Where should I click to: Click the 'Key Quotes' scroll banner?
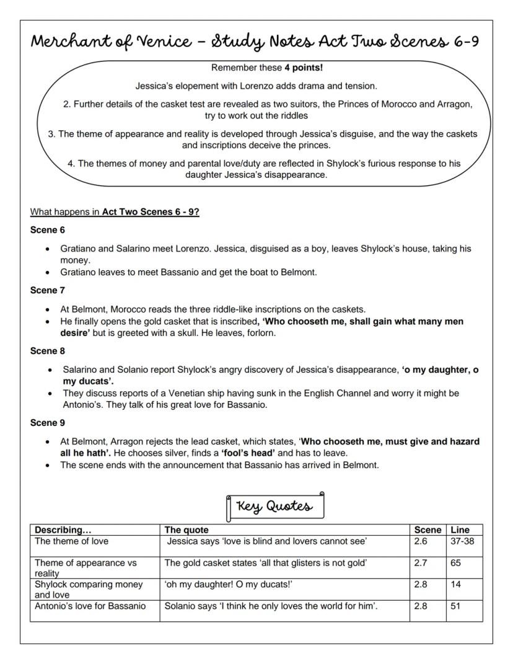pos(275,506)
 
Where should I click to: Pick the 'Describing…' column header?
pos(63,530)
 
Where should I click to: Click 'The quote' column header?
pos(186,530)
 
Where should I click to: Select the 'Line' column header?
pos(460,530)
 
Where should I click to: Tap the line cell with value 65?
pos(456,563)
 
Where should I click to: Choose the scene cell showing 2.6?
pos(420,541)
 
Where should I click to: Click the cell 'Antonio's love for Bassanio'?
pos(90,606)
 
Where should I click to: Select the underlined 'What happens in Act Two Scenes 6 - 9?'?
pos(115,212)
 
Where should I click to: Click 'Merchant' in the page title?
pos(77,43)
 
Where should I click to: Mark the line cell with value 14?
pos(456,585)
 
